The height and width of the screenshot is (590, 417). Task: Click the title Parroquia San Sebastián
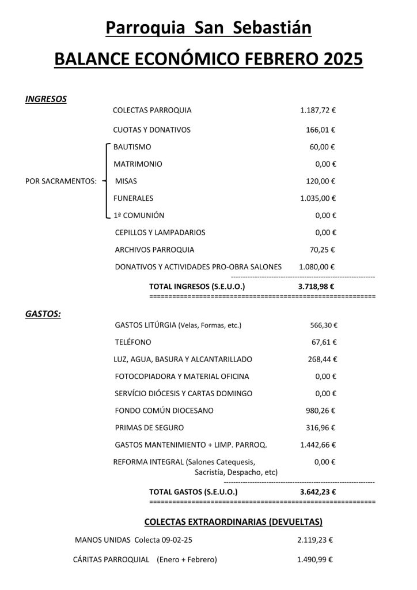click(x=208, y=28)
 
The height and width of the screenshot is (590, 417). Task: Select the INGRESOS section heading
click(x=46, y=99)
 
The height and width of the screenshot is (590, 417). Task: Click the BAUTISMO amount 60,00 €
click(x=322, y=147)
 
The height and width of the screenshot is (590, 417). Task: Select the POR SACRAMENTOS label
click(x=61, y=181)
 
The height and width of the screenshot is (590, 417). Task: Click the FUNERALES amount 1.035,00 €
click(x=318, y=198)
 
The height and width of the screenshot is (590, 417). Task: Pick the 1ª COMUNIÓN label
click(x=139, y=215)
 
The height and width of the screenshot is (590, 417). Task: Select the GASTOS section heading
click(x=43, y=314)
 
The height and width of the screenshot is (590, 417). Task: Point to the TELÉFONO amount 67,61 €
click(x=324, y=342)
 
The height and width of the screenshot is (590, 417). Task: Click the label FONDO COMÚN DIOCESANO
click(x=164, y=411)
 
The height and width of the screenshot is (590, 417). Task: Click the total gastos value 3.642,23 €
click(x=318, y=492)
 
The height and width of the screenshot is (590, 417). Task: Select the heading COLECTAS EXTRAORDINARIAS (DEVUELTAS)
click(x=233, y=522)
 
